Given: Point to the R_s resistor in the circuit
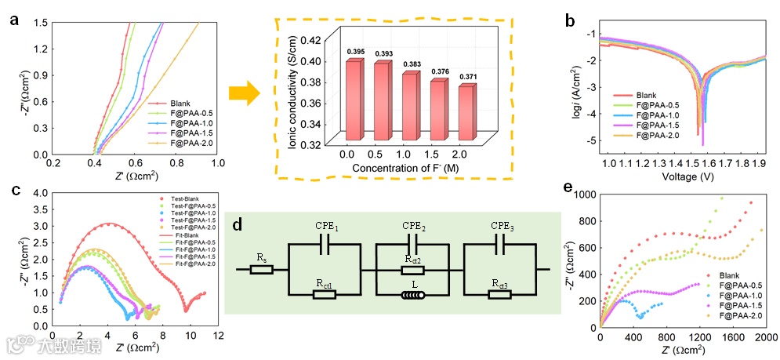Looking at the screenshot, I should pos(262,269).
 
